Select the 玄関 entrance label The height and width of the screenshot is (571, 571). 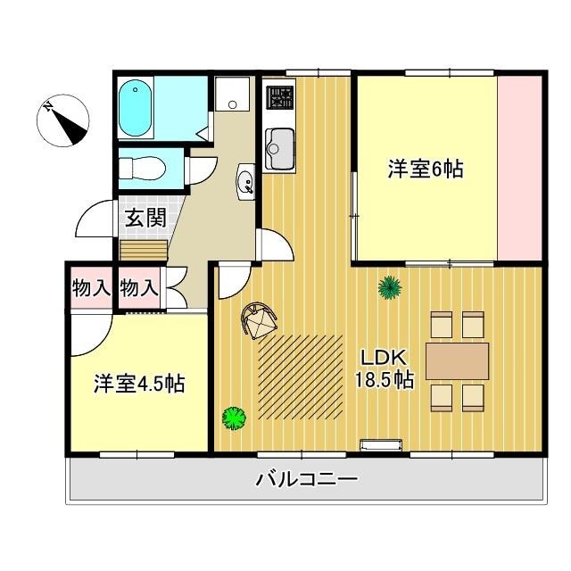coord(144,217)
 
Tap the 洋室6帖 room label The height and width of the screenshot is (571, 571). coord(425,169)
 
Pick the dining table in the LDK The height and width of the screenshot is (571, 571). coord(457,360)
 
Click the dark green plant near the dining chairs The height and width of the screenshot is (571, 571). coord(388,286)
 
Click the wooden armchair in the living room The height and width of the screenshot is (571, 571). coord(260,319)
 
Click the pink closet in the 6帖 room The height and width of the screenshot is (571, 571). coord(519,169)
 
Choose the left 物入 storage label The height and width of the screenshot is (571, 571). coord(90,287)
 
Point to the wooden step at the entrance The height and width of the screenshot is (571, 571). coord(144,248)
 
